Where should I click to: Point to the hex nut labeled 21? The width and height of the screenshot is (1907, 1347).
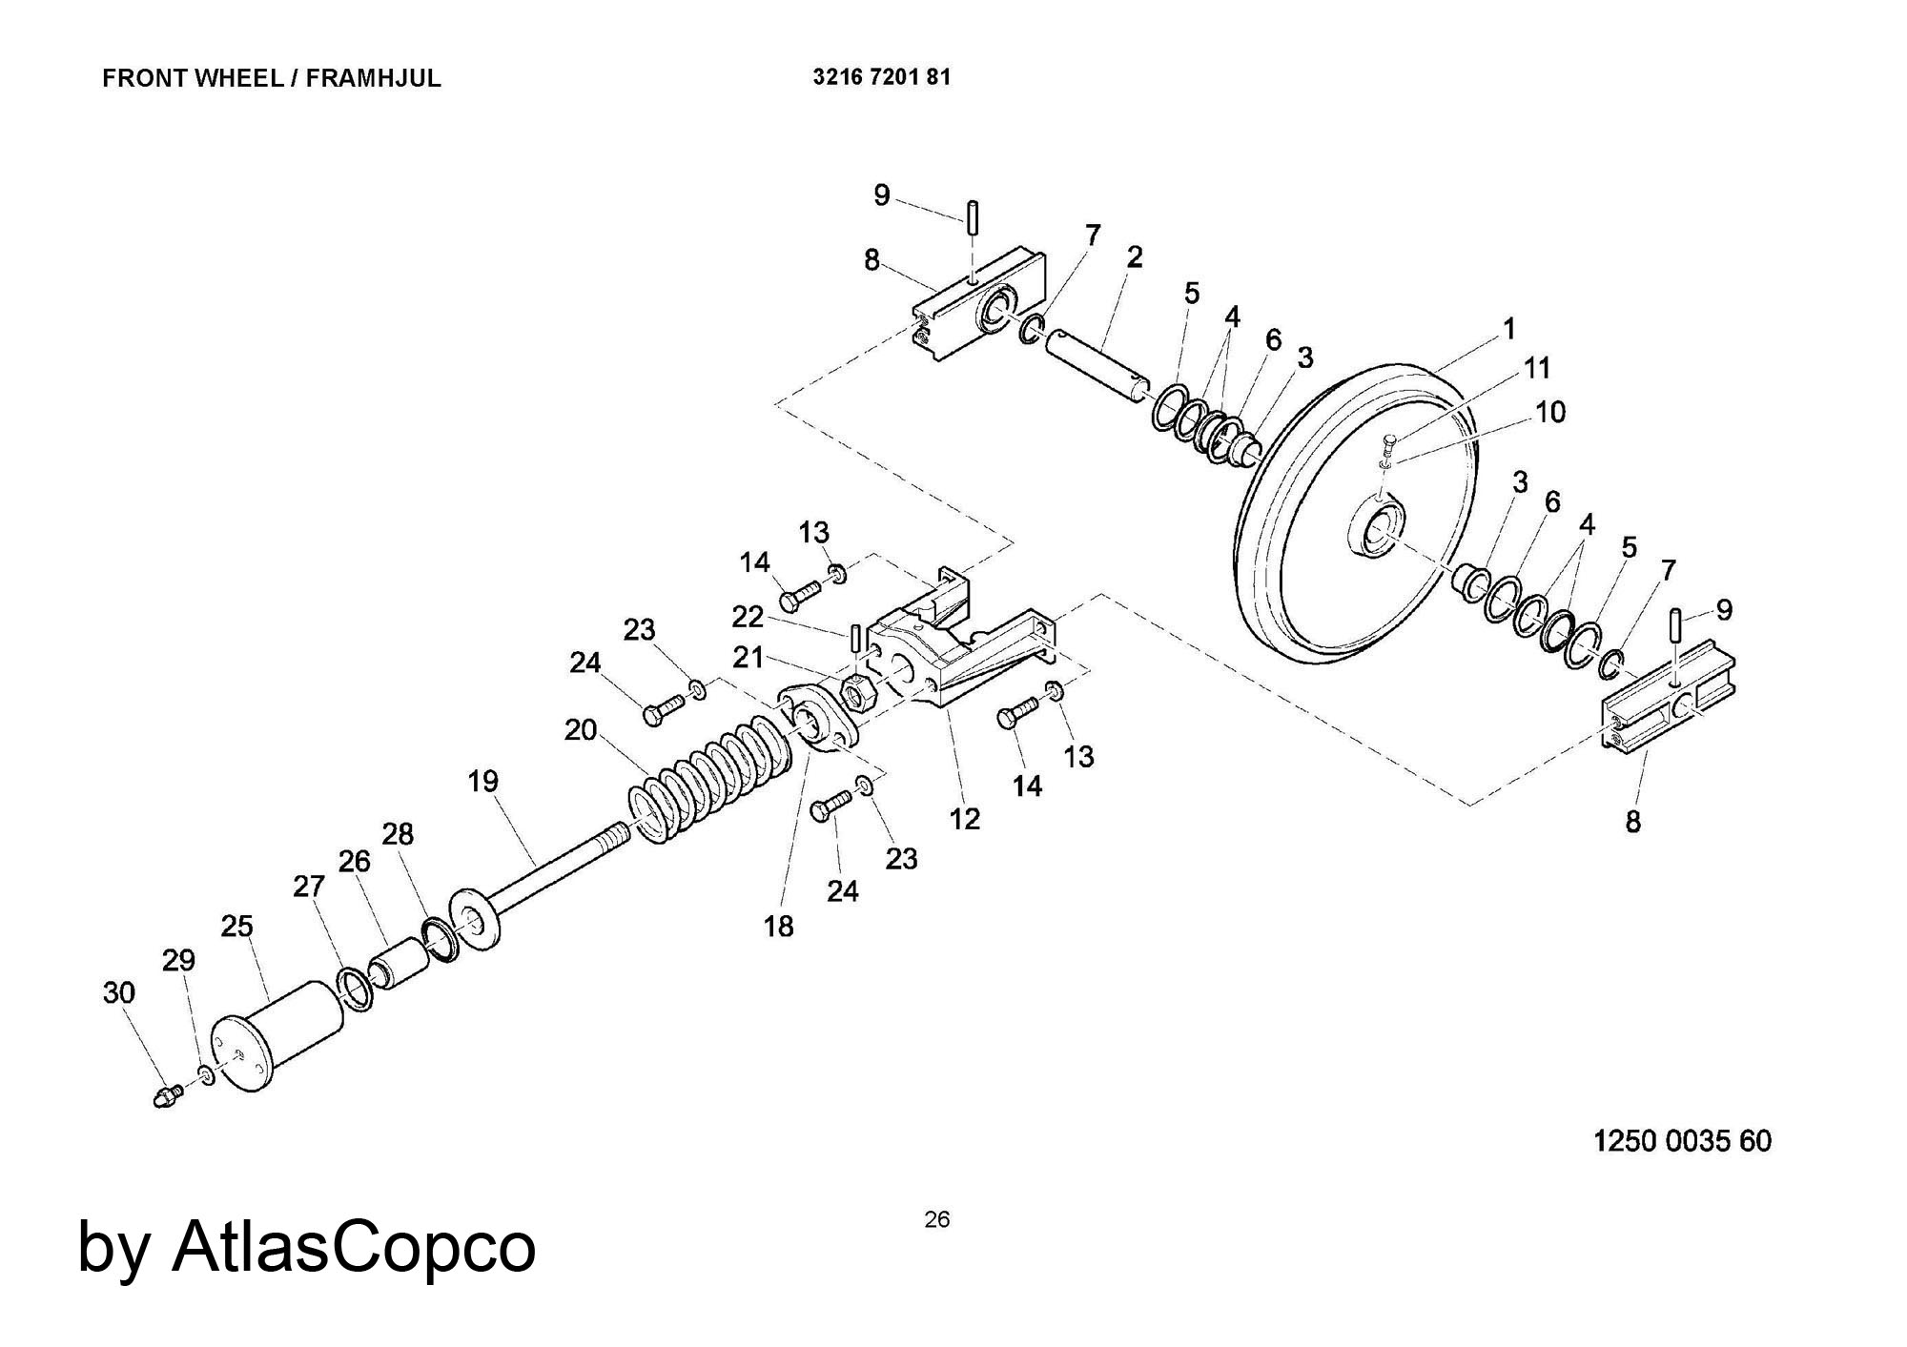(856, 693)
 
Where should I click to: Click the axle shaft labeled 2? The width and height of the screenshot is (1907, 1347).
(1097, 367)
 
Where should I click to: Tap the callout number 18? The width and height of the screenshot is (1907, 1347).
(778, 926)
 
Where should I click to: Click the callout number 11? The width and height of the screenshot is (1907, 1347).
(1536, 368)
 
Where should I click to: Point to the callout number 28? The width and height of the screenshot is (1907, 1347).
(398, 834)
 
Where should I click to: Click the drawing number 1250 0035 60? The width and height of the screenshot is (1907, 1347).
(1682, 1141)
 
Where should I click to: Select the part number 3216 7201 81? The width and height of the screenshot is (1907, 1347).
(881, 77)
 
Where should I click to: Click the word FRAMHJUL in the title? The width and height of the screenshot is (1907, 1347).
(374, 78)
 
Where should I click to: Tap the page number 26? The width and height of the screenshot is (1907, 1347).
(936, 1219)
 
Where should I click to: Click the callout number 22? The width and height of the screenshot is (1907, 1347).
(748, 618)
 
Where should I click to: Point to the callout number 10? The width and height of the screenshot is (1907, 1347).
(1549, 412)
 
